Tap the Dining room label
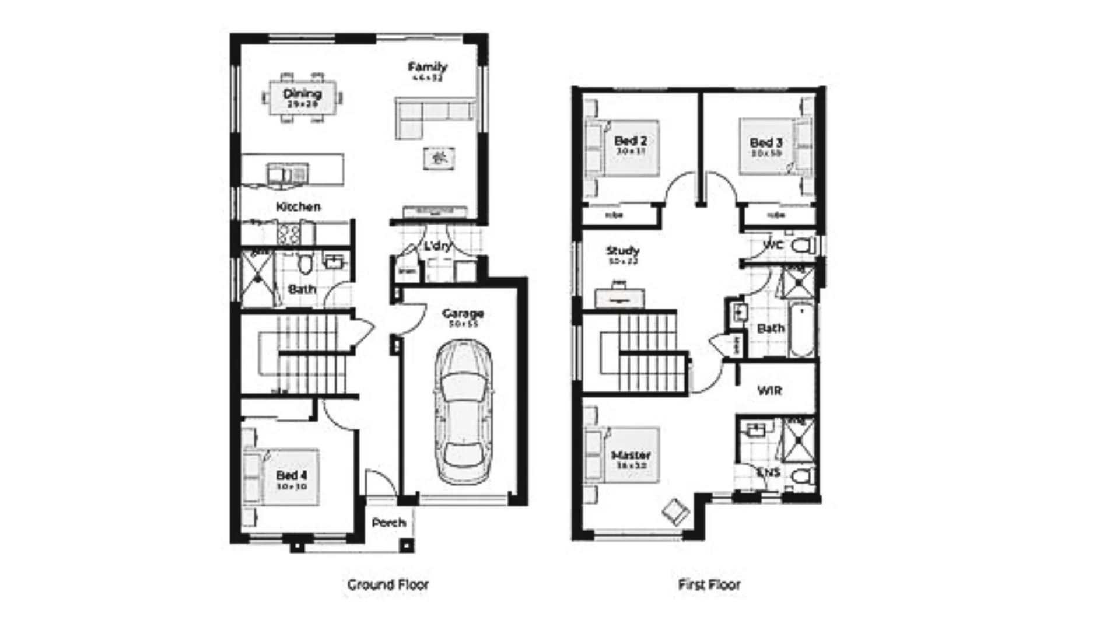[x=302, y=94]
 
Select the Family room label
[x=428, y=66]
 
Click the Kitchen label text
[x=298, y=206]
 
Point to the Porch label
[x=388, y=523]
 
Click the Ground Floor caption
[x=388, y=584]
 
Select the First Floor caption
[x=709, y=584]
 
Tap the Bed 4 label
[x=292, y=475]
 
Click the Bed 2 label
[x=631, y=141]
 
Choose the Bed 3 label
[x=766, y=142]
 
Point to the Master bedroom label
[x=631, y=455]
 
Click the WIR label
[x=769, y=390]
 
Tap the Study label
[x=623, y=251]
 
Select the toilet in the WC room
[x=803, y=246]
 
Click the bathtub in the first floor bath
[x=801, y=330]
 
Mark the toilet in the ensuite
[x=803, y=477]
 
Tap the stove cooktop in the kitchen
[x=289, y=234]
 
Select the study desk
[x=619, y=297]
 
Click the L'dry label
[x=437, y=246]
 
